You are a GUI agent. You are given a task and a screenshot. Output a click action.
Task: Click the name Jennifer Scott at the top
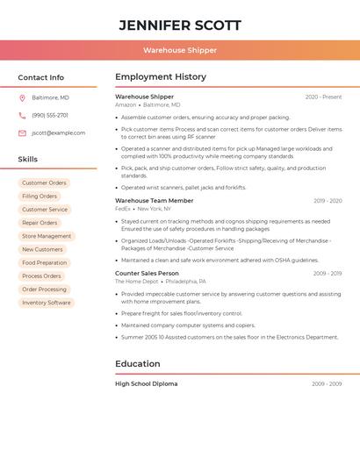[180, 25]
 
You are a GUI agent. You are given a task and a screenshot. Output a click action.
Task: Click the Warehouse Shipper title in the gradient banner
[180, 50]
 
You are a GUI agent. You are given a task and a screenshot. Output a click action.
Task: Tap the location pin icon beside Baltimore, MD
[22, 97]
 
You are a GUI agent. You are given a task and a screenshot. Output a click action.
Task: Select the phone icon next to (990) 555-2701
[22, 115]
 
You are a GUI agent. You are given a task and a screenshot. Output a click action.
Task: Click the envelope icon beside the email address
[22, 132]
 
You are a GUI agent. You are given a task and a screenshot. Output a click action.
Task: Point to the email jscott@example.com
[59, 132]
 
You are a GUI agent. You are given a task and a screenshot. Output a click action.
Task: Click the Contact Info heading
[41, 77]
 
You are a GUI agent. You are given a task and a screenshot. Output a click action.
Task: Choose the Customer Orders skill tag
[44, 183]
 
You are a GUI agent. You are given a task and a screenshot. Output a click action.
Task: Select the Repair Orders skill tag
[40, 223]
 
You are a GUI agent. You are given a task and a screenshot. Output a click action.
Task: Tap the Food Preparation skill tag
[44, 262]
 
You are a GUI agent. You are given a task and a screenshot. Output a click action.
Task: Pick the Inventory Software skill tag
[47, 303]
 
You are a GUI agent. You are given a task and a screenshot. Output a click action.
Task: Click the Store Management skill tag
[47, 236]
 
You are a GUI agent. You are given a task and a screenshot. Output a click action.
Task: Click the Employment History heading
[161, 77]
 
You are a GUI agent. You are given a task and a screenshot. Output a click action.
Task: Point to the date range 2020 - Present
[324, 97]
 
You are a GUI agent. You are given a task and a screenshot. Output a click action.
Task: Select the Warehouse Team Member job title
[155, 201]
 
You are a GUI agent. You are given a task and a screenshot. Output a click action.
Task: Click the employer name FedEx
[122, 209]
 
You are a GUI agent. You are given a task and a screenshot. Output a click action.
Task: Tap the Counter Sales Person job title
[147, 273]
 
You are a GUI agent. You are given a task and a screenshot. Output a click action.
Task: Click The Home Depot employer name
[136, 282]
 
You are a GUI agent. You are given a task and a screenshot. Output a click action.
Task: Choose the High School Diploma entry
[146, 383]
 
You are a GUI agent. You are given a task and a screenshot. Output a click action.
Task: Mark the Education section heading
[138, 364]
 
